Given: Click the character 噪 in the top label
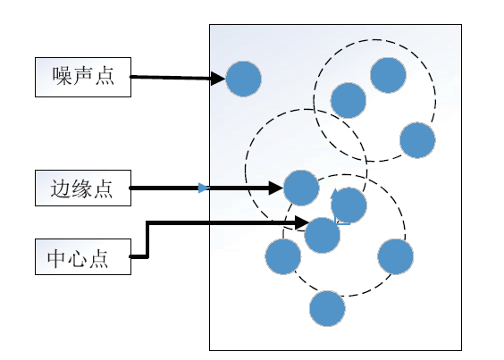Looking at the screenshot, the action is tap(62, 76).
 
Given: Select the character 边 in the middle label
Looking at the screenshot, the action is tap(60, 188).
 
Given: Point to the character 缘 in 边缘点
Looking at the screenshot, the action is tap(81, 188).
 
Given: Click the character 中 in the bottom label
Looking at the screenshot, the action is tap(57, 258).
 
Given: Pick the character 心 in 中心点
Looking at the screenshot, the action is tap(77, 258).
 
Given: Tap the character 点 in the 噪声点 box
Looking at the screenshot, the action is tap(105, 76).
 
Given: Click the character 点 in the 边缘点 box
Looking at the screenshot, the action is tap(103, 188).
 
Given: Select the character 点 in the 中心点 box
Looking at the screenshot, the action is tap(98, 258).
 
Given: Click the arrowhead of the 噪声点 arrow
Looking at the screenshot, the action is tap(218, 79).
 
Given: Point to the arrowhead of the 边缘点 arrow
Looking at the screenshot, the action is tap(276, 188).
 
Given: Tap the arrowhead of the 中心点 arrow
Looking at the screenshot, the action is tap(302, 222).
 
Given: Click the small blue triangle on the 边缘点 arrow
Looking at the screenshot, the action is tap(204, 188).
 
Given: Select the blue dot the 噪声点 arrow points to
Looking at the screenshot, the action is tap(243, 80).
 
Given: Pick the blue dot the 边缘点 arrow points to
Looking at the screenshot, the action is tap(301, 188).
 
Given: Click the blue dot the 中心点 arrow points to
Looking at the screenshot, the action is tap(322, 235).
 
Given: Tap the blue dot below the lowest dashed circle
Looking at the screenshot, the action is tap(327, 308).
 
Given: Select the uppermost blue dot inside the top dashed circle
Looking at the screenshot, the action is tap(388, 75).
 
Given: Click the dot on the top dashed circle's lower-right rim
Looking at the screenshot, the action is tap(417, 140).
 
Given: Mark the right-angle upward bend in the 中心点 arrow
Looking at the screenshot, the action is tap(147, 222).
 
